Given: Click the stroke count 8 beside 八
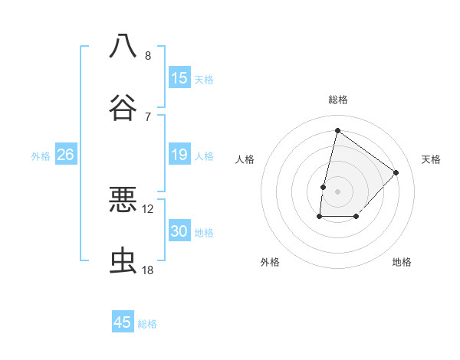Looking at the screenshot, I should pos(148,55).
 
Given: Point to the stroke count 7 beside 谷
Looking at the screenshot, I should pos(148,116).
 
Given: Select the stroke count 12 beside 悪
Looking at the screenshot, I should pos(148,208).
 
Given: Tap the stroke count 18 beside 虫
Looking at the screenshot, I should pos(148,270).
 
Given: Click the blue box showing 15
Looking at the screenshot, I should pos(179,77).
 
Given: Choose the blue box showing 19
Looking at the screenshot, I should pos(179,155).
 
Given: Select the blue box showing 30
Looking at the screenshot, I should pos(179,231).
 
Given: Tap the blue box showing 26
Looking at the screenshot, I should pos(65,155).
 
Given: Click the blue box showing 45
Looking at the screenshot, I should pos(123,322).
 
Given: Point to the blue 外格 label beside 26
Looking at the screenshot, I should pos(41,155).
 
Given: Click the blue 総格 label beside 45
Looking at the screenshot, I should pos(147,324).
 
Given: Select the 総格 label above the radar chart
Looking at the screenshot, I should pos(337,100).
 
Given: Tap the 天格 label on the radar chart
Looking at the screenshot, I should pos(432,159).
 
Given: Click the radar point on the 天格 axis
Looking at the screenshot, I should pos(396,172).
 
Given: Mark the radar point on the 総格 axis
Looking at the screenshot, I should pos(337,129).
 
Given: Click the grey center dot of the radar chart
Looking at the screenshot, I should pos(337,191).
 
